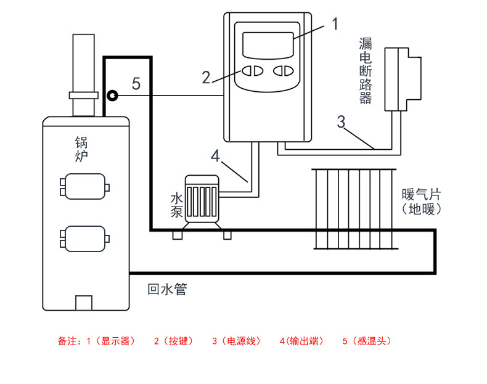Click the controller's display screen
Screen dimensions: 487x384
point(268,46)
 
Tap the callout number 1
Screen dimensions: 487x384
point(335,24)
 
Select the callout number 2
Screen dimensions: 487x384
point(206,77)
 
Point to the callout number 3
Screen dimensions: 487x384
point(341,121)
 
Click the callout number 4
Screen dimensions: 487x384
point(215,155)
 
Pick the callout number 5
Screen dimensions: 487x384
point(136,83)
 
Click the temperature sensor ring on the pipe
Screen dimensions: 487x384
point(112,96)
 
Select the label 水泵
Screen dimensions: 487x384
point(177,205)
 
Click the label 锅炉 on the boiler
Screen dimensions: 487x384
point(81,149)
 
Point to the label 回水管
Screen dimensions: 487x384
point(167,289)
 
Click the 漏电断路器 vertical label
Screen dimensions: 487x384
point(366,71)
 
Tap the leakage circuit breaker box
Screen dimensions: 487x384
point(403,79)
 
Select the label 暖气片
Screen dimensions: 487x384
point(422,195)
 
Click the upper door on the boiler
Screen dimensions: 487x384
point(85,186)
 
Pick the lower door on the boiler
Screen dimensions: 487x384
point(85,239)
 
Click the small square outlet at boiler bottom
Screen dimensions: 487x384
point(84,303)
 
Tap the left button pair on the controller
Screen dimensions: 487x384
point(253,71)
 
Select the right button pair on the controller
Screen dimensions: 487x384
point(284,71)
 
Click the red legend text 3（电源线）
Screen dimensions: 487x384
point(236,341)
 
